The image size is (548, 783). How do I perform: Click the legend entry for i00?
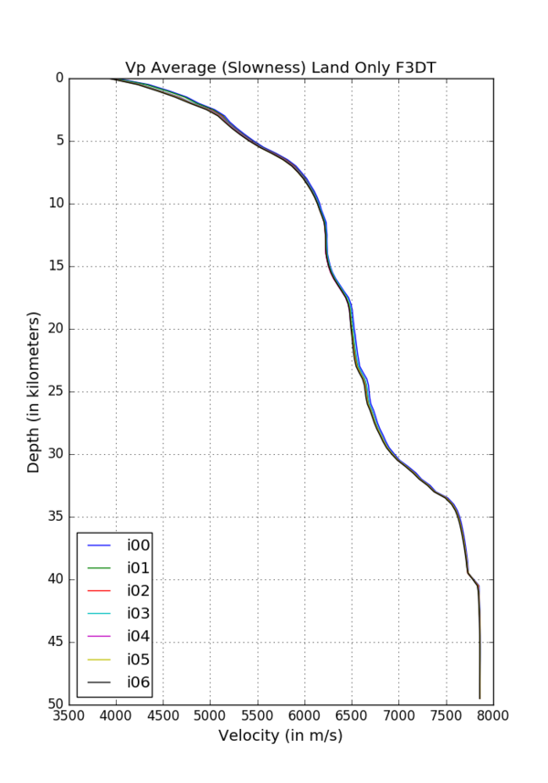coord(139,545)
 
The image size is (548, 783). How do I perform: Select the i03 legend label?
coord(139,613)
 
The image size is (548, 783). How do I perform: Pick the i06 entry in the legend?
coord(139,682)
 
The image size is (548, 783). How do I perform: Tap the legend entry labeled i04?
coord(139,636)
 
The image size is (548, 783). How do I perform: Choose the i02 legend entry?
coord(139,590)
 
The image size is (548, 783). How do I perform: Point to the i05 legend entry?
coord(139,659)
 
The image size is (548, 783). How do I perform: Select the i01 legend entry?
coord(139,568)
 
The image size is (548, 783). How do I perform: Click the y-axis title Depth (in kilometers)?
coord(34,391)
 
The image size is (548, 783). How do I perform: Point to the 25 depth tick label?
coord(54,392)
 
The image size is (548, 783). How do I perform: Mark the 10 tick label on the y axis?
coord(54,204)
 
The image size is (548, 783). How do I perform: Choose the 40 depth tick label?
coord(54,579)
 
